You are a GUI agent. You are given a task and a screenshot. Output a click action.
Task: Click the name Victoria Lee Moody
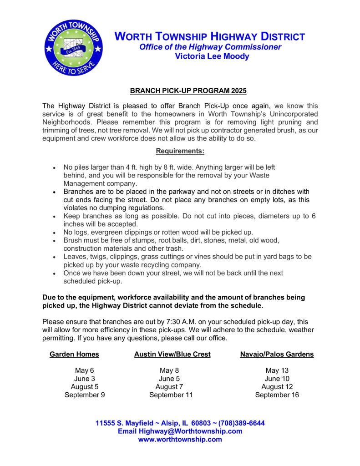coord(212,56)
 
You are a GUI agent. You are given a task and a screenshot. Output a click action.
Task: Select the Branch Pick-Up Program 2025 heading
coord(188,91)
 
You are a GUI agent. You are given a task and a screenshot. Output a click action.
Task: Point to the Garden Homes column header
coord(74,354)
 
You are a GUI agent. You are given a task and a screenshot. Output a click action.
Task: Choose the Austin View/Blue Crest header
coord(172,354)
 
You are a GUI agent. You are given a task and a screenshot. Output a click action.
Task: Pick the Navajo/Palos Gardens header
coord(277,354)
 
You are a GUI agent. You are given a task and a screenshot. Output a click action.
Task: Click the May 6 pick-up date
coord(85,370)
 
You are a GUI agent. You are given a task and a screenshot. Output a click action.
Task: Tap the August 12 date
coord(277,387)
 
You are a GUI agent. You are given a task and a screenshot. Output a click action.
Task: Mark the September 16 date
coord(277,395)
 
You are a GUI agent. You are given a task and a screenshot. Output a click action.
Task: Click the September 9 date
coord(85,395)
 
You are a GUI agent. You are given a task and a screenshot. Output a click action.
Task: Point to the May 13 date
coord(277,370)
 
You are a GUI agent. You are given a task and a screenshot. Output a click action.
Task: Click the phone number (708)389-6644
coord(241,423)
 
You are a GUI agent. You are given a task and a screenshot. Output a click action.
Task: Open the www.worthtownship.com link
coord(180,440)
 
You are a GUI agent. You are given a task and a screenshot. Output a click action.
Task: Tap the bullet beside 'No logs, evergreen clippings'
coord(54,233)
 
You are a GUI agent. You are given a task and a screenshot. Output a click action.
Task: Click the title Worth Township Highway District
coord(209,37)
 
